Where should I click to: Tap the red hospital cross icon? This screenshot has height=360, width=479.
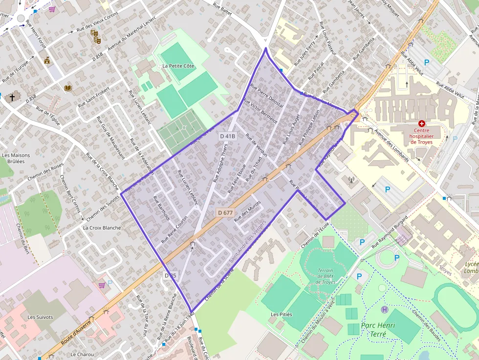[422, 125]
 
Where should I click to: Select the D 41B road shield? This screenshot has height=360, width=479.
[228, 136]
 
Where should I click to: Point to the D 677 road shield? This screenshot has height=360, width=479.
[225, 212]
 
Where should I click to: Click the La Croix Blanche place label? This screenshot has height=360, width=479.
[102, 228]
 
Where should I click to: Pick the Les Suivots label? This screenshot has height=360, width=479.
[40, 317]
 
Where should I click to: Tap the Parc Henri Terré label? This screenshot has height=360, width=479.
[377, 329]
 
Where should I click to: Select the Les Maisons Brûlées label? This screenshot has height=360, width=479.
[16, 159]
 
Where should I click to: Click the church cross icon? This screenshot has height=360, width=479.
[12, 98]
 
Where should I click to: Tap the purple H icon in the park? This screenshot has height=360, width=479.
[385, 309]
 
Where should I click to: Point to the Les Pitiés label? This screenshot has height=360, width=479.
[282, 314]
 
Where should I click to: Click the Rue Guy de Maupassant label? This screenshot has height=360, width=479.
[110, 138]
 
